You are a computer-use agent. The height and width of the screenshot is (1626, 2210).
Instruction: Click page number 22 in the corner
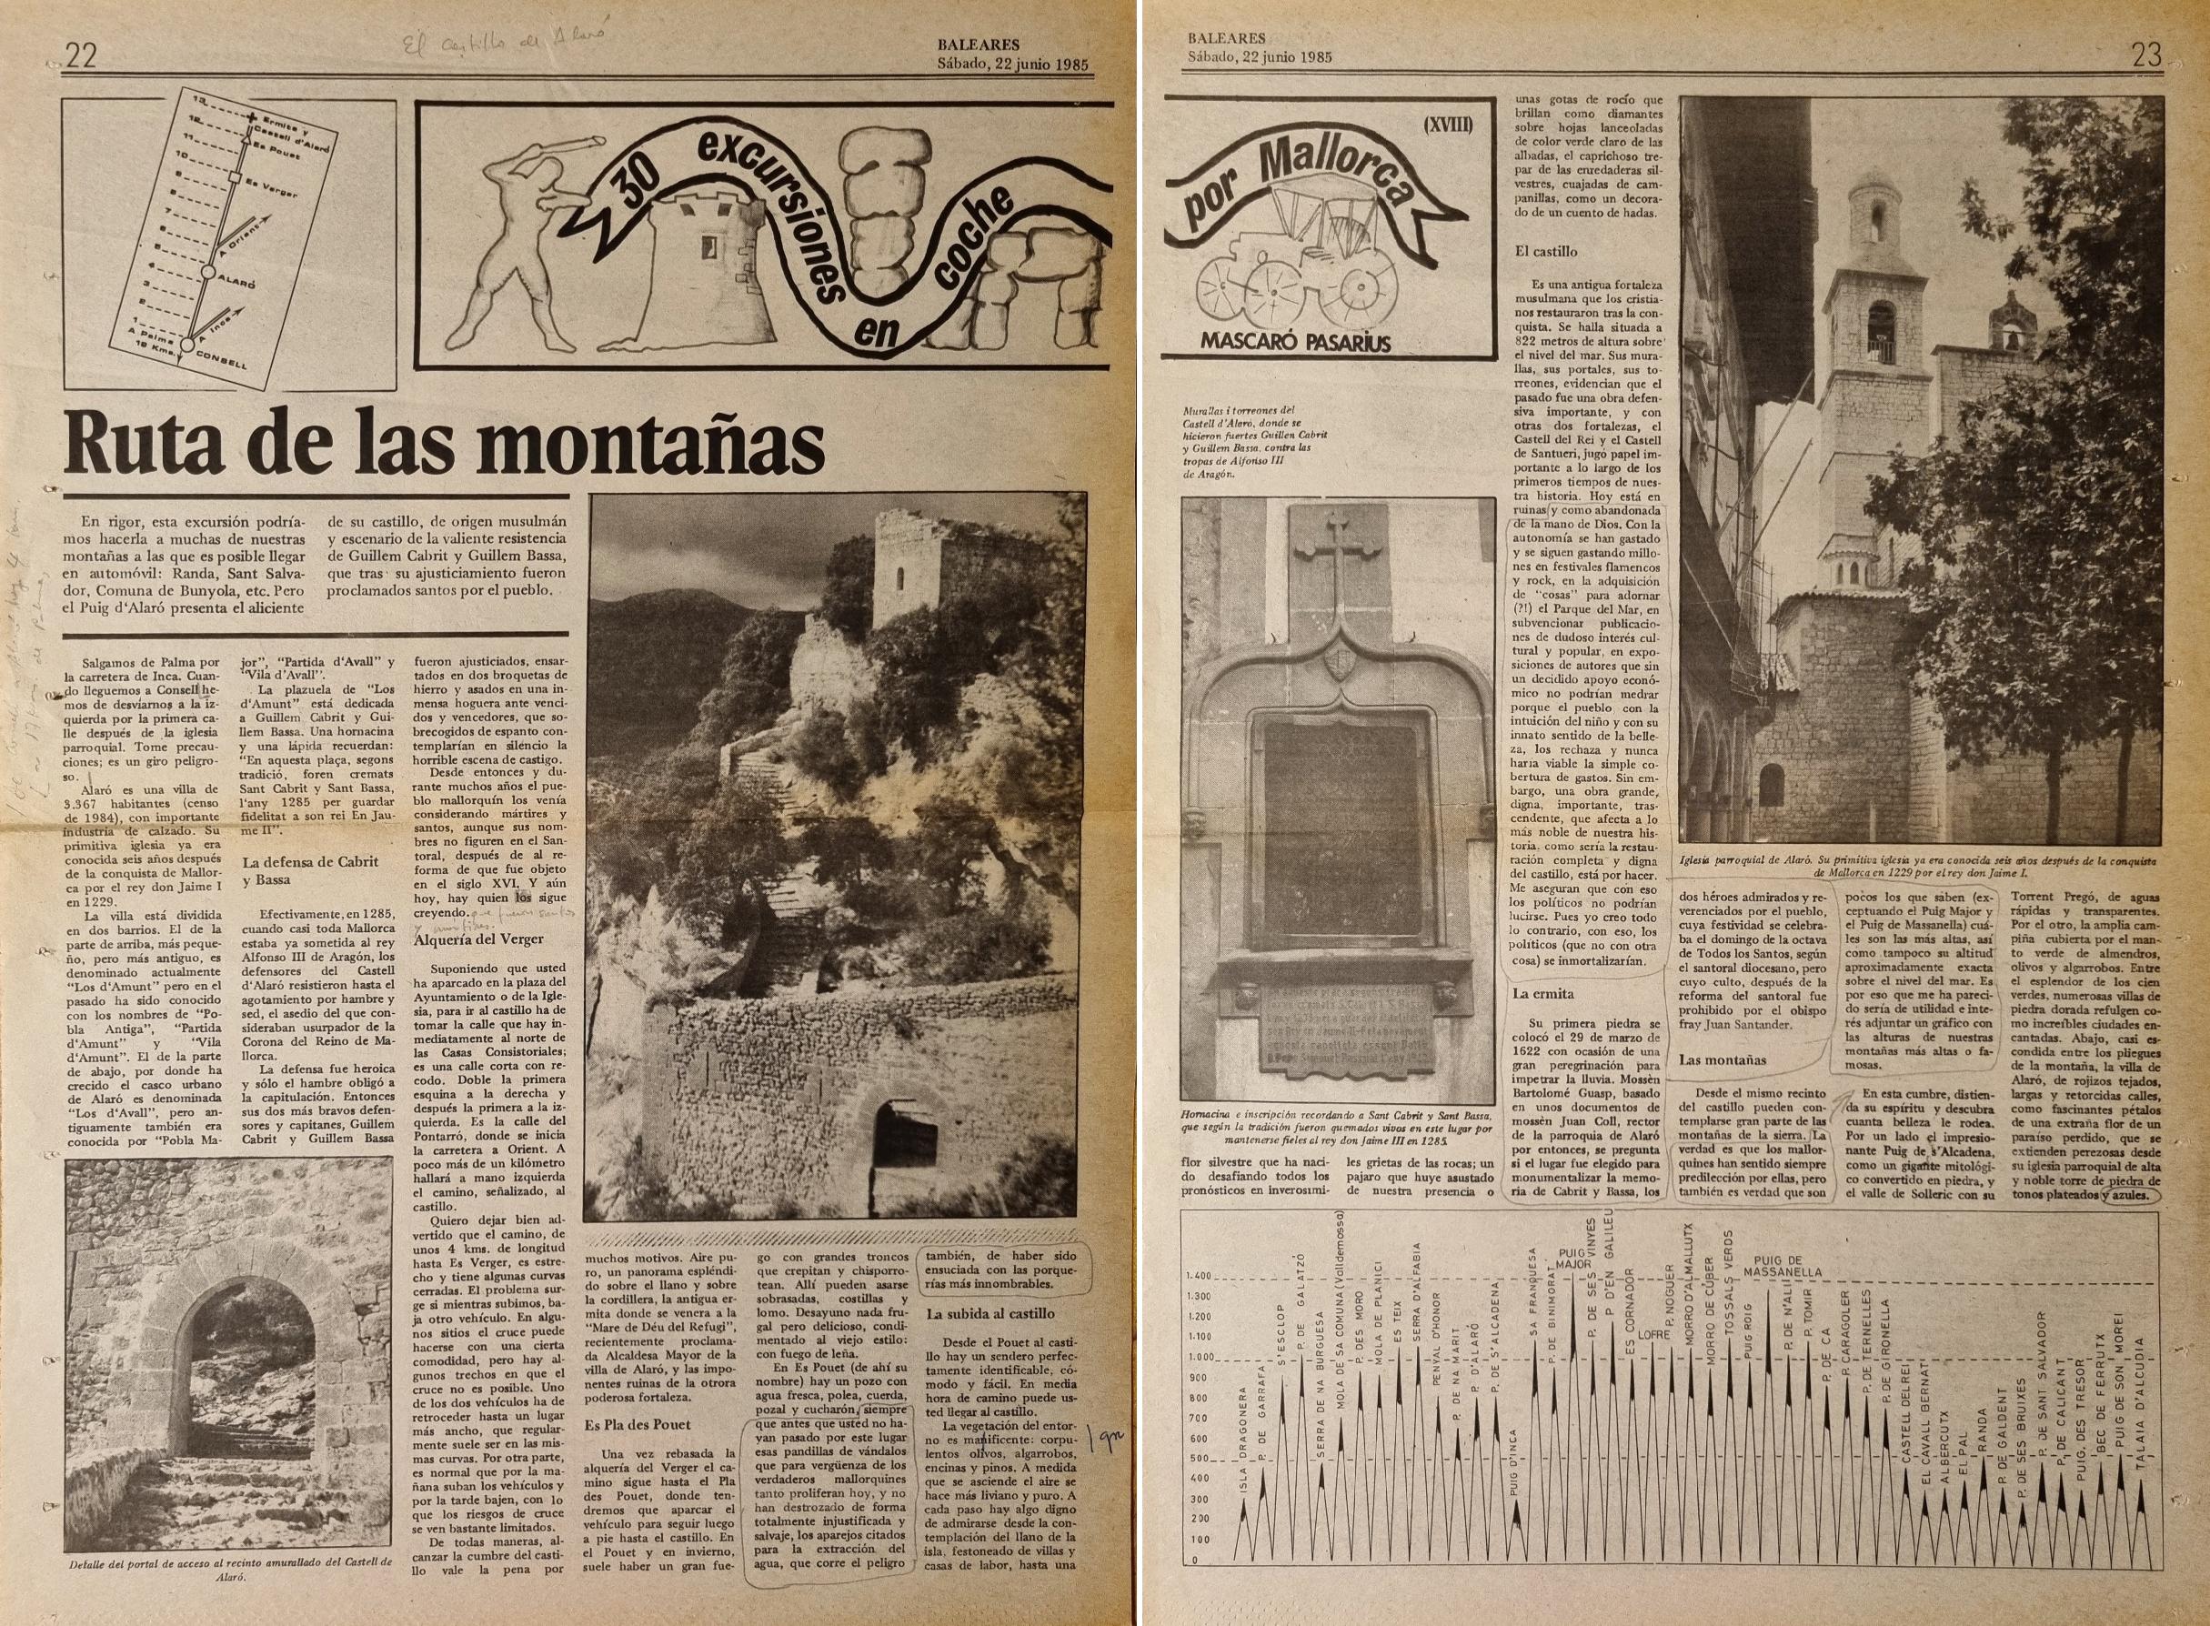point(81,57)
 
